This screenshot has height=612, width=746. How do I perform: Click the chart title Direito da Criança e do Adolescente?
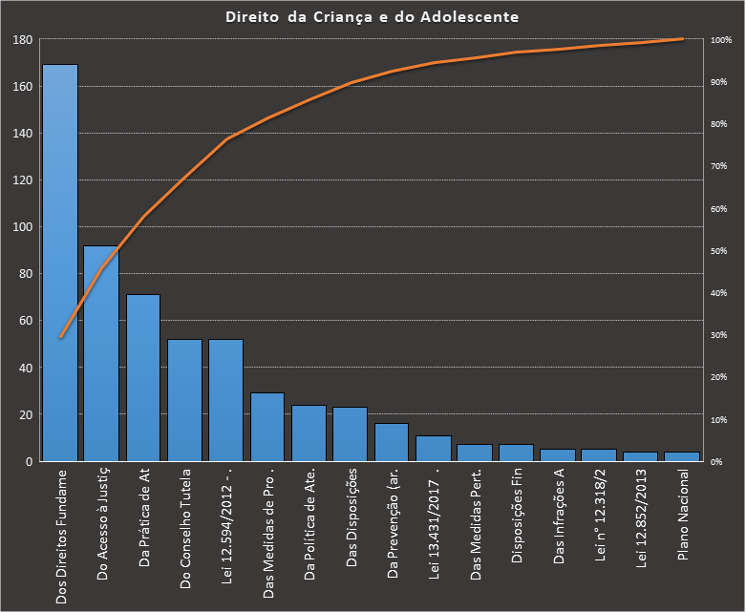coord(373,16)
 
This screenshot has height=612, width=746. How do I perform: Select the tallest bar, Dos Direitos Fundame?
coord(60,263)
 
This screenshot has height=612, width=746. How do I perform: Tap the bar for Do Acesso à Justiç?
coord(101,353)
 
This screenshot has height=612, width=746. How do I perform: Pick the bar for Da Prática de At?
coord(143,377)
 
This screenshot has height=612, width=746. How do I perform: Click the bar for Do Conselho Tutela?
coord(184,400)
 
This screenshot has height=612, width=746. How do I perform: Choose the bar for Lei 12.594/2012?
coord(226,400)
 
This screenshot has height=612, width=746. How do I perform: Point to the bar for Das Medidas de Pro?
coord(267,427)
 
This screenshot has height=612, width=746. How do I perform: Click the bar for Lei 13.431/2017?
coord(434,448)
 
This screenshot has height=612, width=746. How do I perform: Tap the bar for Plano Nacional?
coord(682,456)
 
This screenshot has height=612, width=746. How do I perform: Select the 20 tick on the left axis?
coord(26,414)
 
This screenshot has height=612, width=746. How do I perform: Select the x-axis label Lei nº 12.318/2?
coord(599,520)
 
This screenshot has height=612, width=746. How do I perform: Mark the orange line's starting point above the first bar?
coord(60,337)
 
